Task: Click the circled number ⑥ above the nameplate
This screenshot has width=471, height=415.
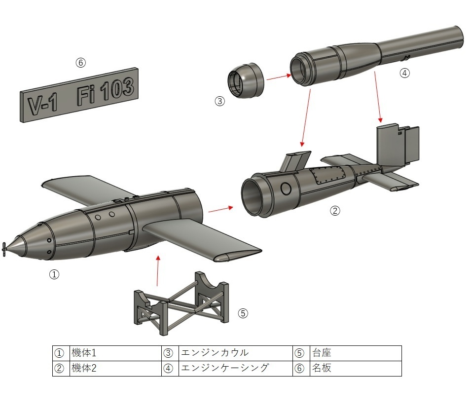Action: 80,63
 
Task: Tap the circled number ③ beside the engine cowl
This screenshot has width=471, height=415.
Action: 219,101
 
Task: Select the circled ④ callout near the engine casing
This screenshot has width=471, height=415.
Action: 404,73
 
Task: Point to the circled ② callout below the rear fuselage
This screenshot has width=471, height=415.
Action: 335,211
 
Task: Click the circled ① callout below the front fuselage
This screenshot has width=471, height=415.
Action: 54,274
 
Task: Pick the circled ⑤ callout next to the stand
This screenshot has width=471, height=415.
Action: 243,313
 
